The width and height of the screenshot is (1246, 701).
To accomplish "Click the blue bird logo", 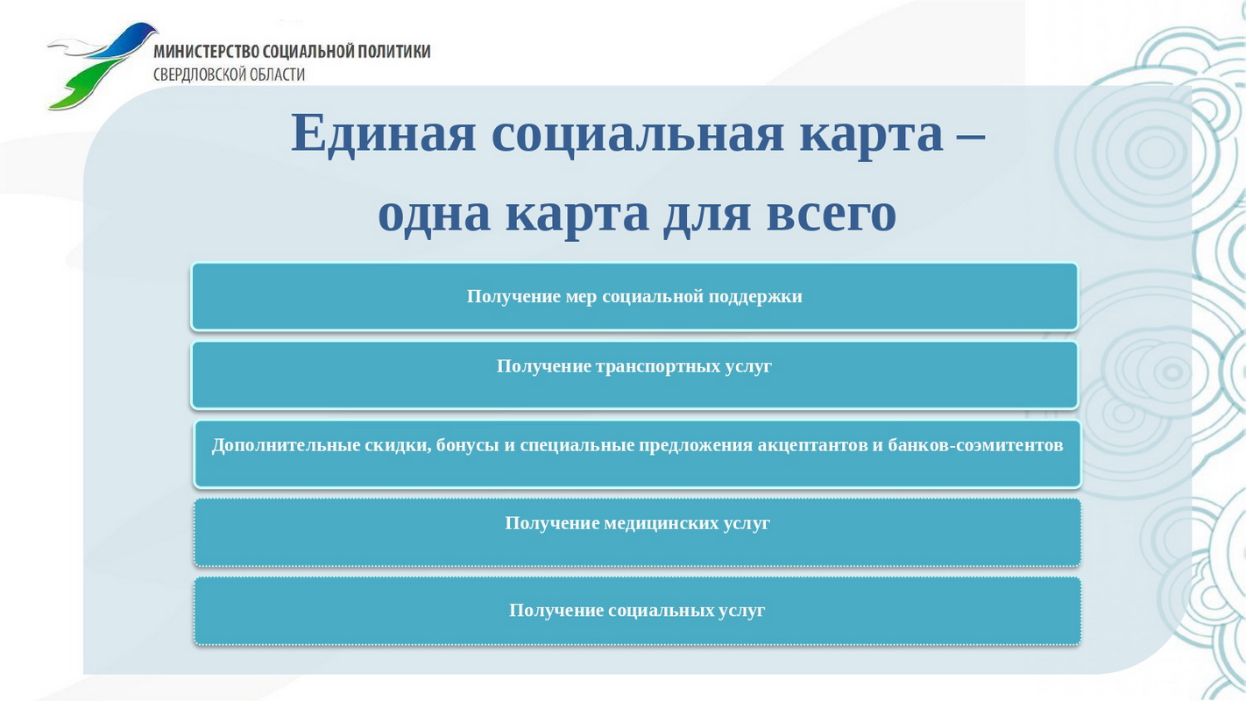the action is click(103, 65).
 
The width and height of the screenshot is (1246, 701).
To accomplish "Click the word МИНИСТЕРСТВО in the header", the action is click(206, 51).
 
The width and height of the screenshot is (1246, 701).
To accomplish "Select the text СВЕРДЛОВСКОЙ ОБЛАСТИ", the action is click(230, 74).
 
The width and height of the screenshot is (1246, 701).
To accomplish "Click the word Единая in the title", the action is click(384, 133).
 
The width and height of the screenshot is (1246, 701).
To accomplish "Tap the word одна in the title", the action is click(435, 214).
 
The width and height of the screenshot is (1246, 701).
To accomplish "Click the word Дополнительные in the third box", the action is click(286, 446).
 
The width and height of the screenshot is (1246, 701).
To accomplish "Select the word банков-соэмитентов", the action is click(975, 446).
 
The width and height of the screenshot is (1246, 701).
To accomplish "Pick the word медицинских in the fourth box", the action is click(661, 523).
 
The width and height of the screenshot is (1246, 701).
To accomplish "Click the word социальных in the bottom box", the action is click(661, 611).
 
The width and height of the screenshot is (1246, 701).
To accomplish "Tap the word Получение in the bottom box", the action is click(556, 611).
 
